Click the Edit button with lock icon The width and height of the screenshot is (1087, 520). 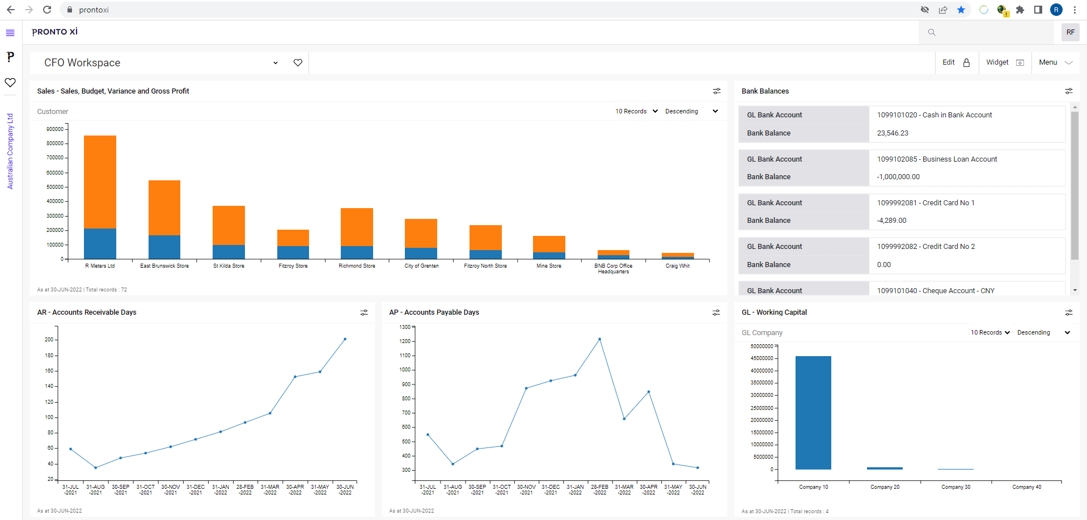pos(956,62)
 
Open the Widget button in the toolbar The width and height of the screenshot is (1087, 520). pos(1004,62)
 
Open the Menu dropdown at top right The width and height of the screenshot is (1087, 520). pos(1055,62)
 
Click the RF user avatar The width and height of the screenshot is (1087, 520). pos(1070,32)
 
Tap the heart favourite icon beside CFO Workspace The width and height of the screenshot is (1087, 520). pos(298,62)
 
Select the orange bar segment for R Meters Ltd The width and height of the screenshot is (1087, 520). pos(100,181)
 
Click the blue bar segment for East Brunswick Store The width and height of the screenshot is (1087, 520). pos(164,247)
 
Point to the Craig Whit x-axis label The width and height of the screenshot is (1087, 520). pos(678,266)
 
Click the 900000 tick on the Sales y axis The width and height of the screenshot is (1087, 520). pos(55,129)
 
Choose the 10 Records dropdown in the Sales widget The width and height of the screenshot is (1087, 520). pos(636,111)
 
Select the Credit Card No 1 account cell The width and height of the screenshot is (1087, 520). pos(925,203)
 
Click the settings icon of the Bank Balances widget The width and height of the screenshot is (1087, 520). pos(1068,91)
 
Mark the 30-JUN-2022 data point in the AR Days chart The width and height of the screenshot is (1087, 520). pos(345,339)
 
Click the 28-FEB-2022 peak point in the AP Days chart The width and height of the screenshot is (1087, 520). pos(599,339)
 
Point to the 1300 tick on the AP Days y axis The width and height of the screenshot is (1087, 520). pos(405,327)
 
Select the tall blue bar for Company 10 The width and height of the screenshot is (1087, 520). pos(813,412)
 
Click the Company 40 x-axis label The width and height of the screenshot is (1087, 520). pos(1026,487)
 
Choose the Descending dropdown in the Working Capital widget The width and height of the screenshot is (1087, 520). pos(1043,333)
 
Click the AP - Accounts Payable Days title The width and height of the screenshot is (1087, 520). pos(434,312)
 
